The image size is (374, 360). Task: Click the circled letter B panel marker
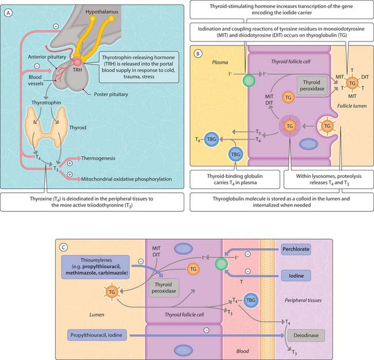(197, 54)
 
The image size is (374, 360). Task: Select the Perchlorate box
(297, 251)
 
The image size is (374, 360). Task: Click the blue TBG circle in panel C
(250, 300)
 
